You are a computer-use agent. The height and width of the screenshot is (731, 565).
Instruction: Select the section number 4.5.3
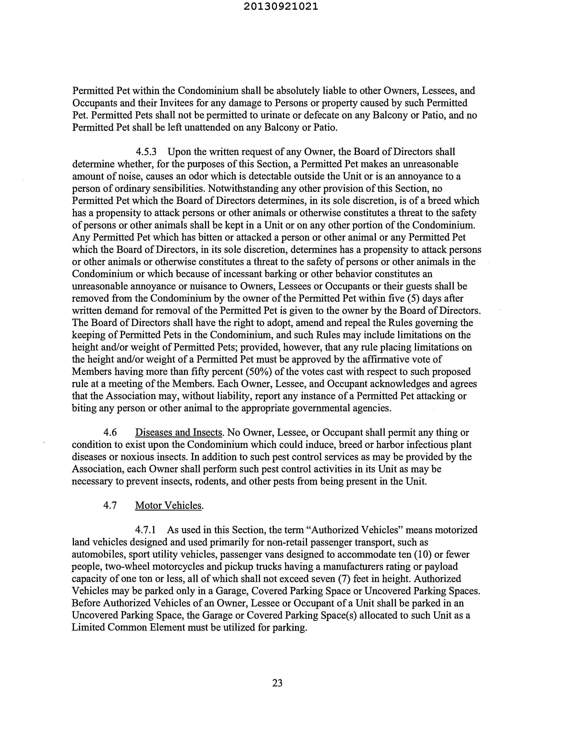click(146, 152)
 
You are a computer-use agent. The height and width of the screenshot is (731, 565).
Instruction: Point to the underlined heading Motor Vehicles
click(169, 505)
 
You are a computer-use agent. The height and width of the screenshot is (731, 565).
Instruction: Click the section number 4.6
click(110, 432)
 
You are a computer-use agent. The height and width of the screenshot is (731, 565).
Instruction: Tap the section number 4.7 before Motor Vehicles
click(110, 505)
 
